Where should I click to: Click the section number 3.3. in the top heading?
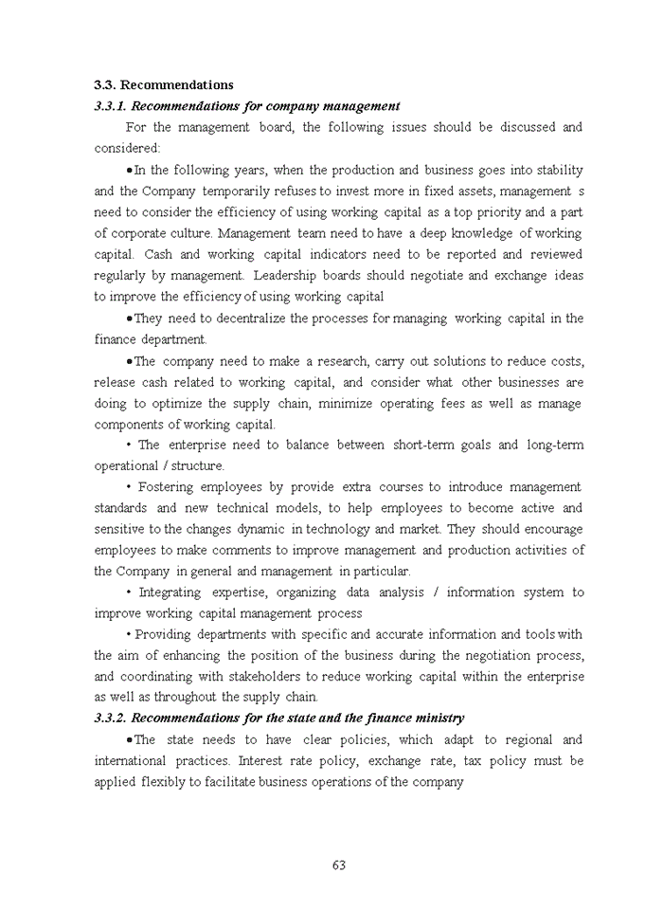click(x=104, y=85)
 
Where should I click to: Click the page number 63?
click(x=338, y=864)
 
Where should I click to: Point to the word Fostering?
click(x=172, y=487)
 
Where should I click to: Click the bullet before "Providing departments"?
click(x=129, y=634)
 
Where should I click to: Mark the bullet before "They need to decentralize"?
click(x=129, y=318)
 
